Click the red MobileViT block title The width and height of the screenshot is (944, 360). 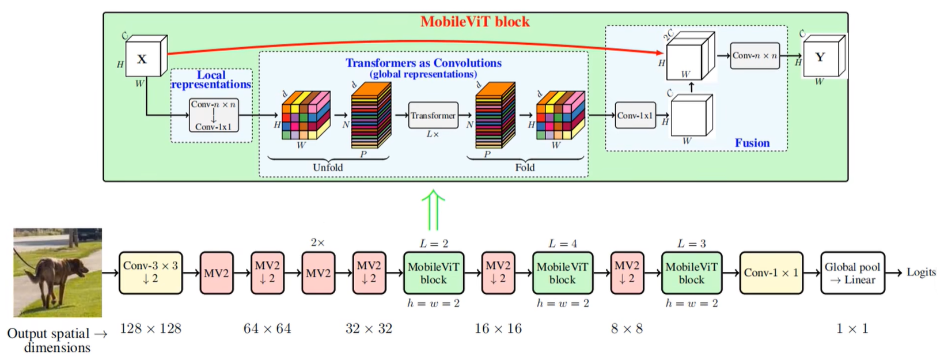pyautogui.click(x=475, y=22)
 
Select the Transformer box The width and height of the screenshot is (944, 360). pyautogui.click(x=433, y=115)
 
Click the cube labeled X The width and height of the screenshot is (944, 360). pyautogui.click(x=143, y=58)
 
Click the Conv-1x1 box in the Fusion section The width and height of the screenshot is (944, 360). pyautogui.click(x=635, y=115)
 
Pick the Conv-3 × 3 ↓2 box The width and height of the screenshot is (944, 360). pyautogui.click(x=150, y=272)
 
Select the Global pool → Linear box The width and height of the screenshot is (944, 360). pyautogui.click(x=852, y=273)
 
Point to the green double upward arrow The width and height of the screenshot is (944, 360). pyautogui.click(x=433, y=210)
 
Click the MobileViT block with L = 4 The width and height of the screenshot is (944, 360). pyautogui.click(x=562, y=273)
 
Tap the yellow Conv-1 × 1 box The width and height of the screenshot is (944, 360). pyautogui.click(x=771, y=273)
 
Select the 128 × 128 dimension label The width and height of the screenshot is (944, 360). pyautogui.click(x=150, y=328)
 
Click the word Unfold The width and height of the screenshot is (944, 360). pyautogui.click(x=328, y=167)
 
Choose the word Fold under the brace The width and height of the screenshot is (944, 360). pyautogui.click(x=524, y=167)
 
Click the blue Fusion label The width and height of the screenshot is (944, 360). pyautogui.click(x=752, y=143)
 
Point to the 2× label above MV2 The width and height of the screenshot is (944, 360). pyautogui.click(x=317, y=242)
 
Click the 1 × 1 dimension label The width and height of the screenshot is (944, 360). pyautogui.click(x=852, y=328)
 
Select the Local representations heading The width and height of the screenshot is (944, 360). pyautogui.click(x=211, y=79)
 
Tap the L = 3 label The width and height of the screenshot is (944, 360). pyautogui.click(x=691, y=244)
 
